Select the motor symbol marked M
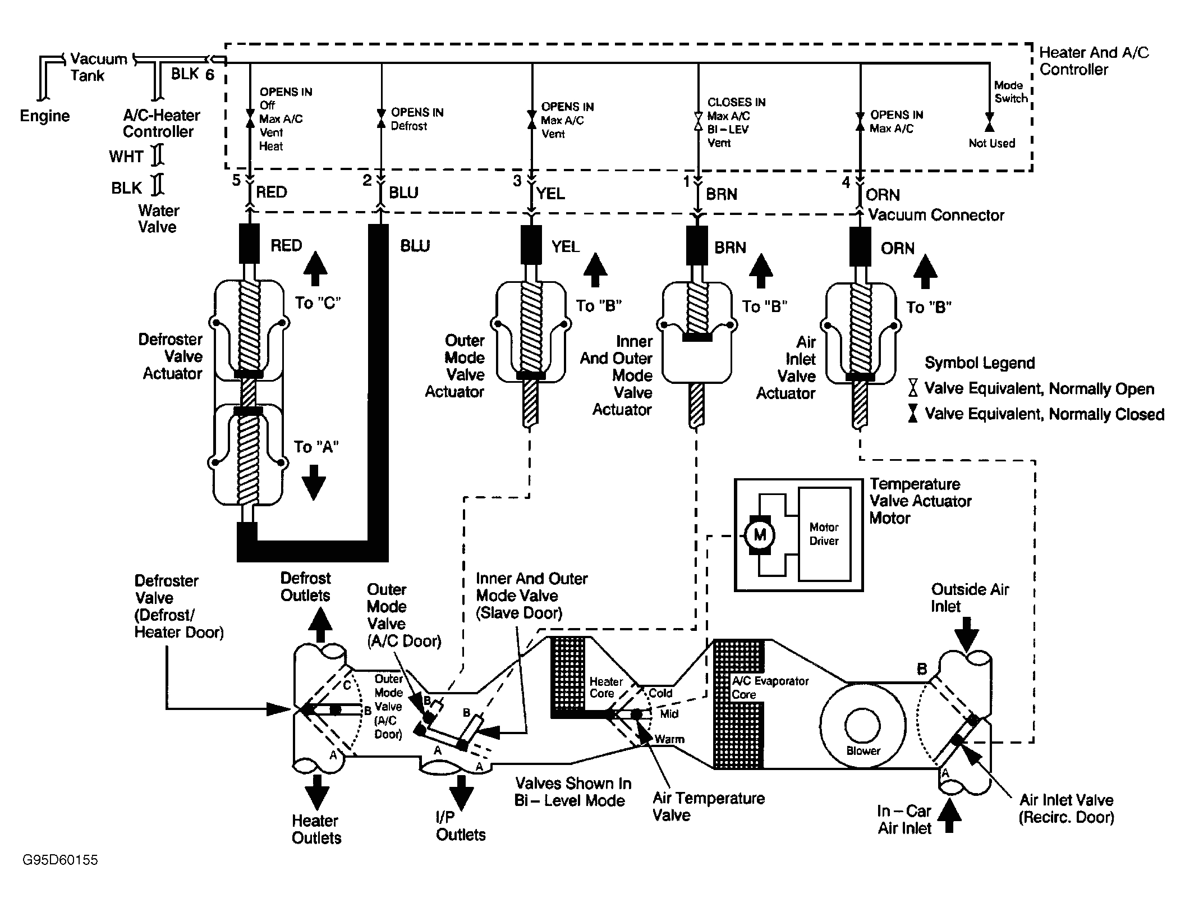point(760,535)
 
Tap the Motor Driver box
point(824,534)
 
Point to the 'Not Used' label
point(991,143)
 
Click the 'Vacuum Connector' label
point(936,215)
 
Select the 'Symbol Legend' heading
point(980,363)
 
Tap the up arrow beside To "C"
point(315,269)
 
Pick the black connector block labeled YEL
point(531,245)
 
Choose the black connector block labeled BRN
point(697,245)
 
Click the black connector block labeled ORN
point(860,246)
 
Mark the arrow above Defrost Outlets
point(321,624)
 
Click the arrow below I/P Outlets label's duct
point(461,791)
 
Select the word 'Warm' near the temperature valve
point(669,739)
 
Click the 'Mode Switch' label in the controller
point(1011,92)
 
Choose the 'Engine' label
point(45,116)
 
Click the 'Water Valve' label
point(158,219)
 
